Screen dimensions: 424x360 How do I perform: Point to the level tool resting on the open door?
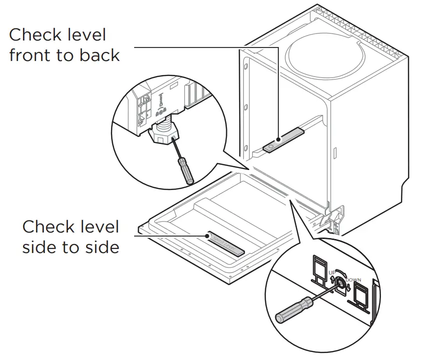click(x=227, y=243)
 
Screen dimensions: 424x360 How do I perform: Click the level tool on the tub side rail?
click(x=284, y=140)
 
